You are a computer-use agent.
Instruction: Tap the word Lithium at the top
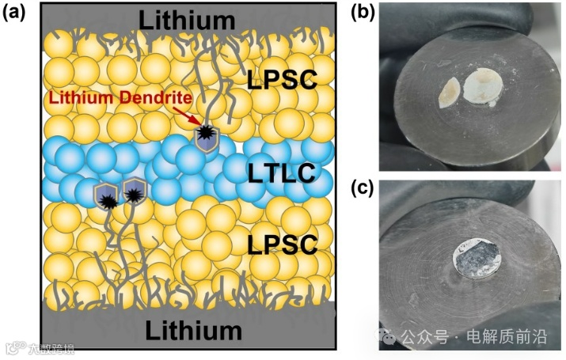pyautogui.click(x=188, y=18)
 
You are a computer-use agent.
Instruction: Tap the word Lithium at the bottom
pyautogui.click(x=192, y=328)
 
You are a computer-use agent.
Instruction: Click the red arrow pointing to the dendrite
pyautogui.click(x=190, y=117)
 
